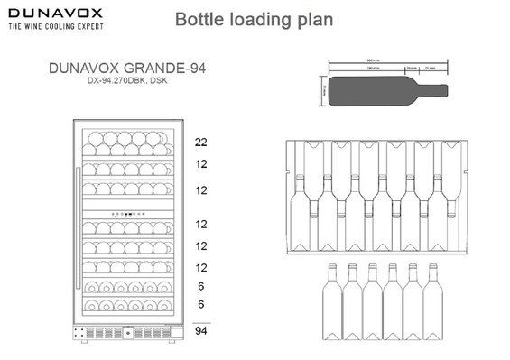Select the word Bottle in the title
coord(197,19)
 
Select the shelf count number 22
coord(201,143)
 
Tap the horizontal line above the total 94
coord(201,321)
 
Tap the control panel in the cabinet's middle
coord(126,213)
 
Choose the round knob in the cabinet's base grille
coord(126,332)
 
